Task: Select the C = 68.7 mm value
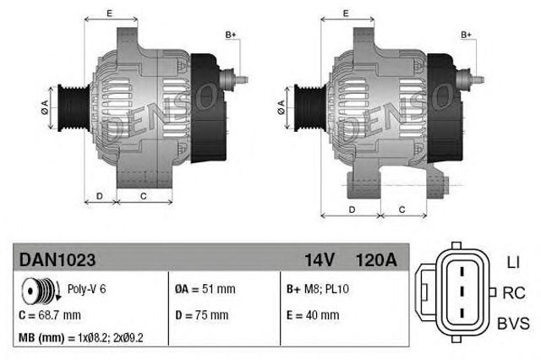pos(50,315)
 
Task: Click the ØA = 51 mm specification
pos(205,289)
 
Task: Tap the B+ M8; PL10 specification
pos(319,289)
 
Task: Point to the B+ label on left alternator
pos(231,34)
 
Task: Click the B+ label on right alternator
pos(467,34)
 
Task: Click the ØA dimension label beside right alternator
pos(280,106)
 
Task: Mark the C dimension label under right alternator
pos(401,209)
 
